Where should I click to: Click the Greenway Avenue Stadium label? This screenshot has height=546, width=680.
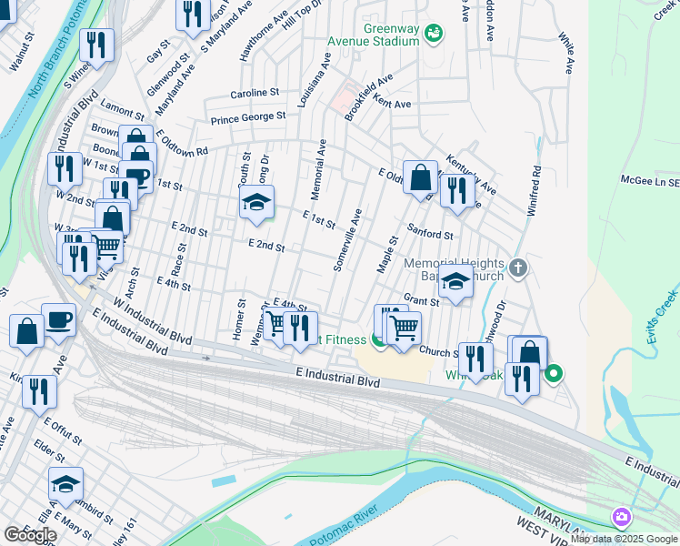coord(391,35)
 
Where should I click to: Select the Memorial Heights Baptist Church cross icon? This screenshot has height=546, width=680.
coord(518,268)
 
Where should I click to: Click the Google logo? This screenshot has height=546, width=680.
coord(30,534)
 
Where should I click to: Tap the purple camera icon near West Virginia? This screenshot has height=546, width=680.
coord(622,517)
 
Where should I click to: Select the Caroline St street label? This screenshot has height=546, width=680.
coord(255,93)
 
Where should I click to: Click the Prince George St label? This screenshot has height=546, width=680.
coord(248,116)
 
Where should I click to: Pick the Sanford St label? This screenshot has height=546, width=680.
coord(430,234)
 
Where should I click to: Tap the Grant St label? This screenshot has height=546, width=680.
coord(422,299)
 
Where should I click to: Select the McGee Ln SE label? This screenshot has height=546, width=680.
coord(649,181)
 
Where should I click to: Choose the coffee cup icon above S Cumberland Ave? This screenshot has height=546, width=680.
coord(59,320)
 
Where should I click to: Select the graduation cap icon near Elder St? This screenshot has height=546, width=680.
coord(66,483)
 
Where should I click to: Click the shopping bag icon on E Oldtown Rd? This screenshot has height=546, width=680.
coord(421,177)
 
